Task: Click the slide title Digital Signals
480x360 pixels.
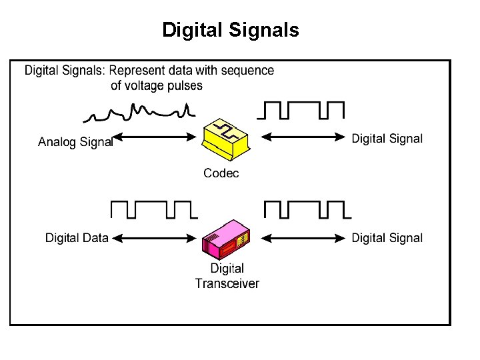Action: coord(231,30)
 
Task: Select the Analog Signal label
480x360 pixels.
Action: coord(75,142)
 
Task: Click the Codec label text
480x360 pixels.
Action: coord(221,173)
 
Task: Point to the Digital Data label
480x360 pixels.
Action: coord(77,238)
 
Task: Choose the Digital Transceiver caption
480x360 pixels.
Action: coord(227,276)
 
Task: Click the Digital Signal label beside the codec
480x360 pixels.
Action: coord(387,139)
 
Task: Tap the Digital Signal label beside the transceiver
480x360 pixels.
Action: coord(387,238)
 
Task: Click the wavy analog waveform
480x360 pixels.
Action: coord(140,112)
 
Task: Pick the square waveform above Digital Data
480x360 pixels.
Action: coord(153,210)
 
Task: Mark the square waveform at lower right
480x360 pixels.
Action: coord(307,210)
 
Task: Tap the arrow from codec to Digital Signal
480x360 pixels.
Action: coord(303,137)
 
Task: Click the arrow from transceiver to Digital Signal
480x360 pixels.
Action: coord(303,237)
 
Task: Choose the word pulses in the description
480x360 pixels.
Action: coord(186,85)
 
